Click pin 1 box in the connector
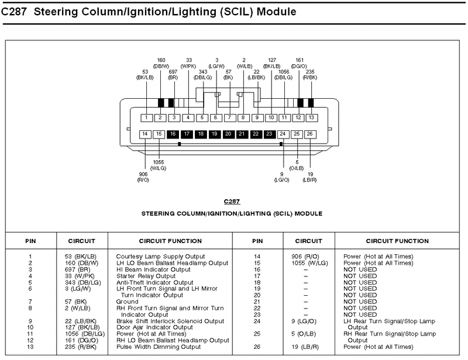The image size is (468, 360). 146,117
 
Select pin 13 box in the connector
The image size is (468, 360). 312,117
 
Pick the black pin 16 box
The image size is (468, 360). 173,134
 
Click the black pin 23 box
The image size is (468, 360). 269,134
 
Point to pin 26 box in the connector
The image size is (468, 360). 311,134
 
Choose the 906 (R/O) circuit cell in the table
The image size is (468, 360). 305,256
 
